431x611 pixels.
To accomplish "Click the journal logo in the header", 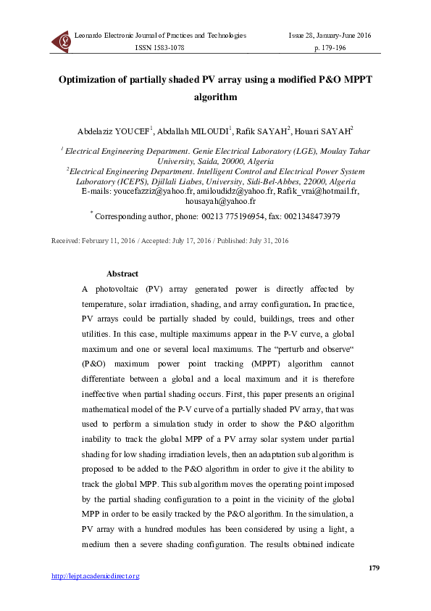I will coord(61,41).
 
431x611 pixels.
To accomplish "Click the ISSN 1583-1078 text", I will coord(162,47).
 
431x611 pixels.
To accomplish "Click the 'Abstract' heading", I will coord(122,274).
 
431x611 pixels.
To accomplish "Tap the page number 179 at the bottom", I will coord(374,567).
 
